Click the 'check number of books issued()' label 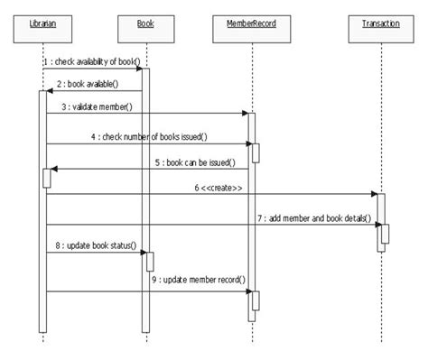147,136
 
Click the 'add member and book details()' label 313,217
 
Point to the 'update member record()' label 198,280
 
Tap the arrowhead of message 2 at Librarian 51,90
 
